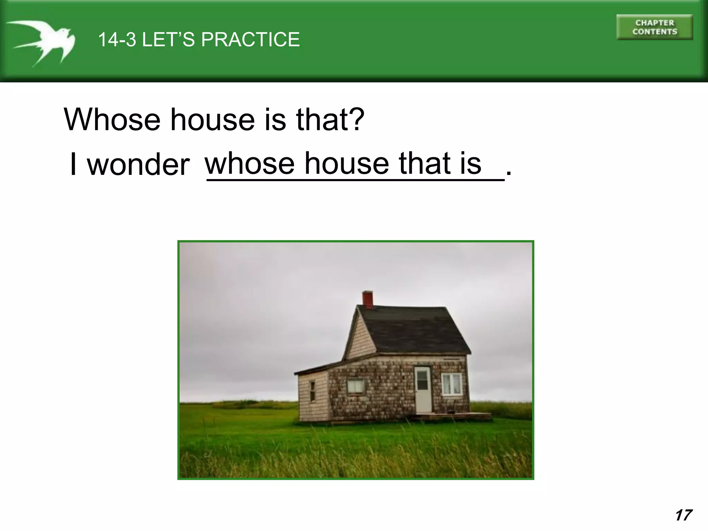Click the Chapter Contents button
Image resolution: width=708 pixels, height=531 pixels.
point(654,27)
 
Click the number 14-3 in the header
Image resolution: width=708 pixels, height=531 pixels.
point(117,39)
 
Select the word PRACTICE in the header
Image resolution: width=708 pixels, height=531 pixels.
point(250,39)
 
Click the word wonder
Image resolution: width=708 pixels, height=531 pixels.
point(138,164)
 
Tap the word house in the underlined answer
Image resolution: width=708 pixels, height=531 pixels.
point(346,163)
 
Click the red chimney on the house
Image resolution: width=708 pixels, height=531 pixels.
point(367,299)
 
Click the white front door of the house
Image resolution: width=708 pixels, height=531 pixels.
point(423,389)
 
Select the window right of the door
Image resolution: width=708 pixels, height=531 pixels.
point(451,384)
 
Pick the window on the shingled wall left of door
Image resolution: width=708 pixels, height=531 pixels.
point(356,386)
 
